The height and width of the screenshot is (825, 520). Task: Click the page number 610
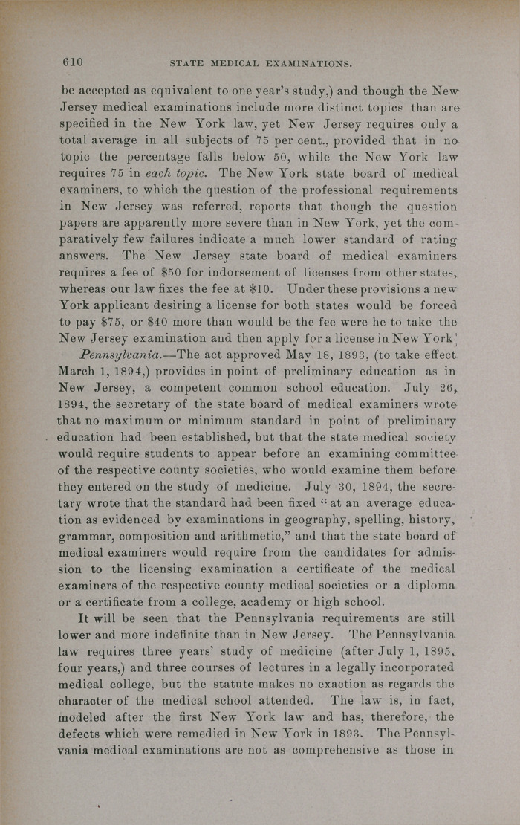72,62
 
